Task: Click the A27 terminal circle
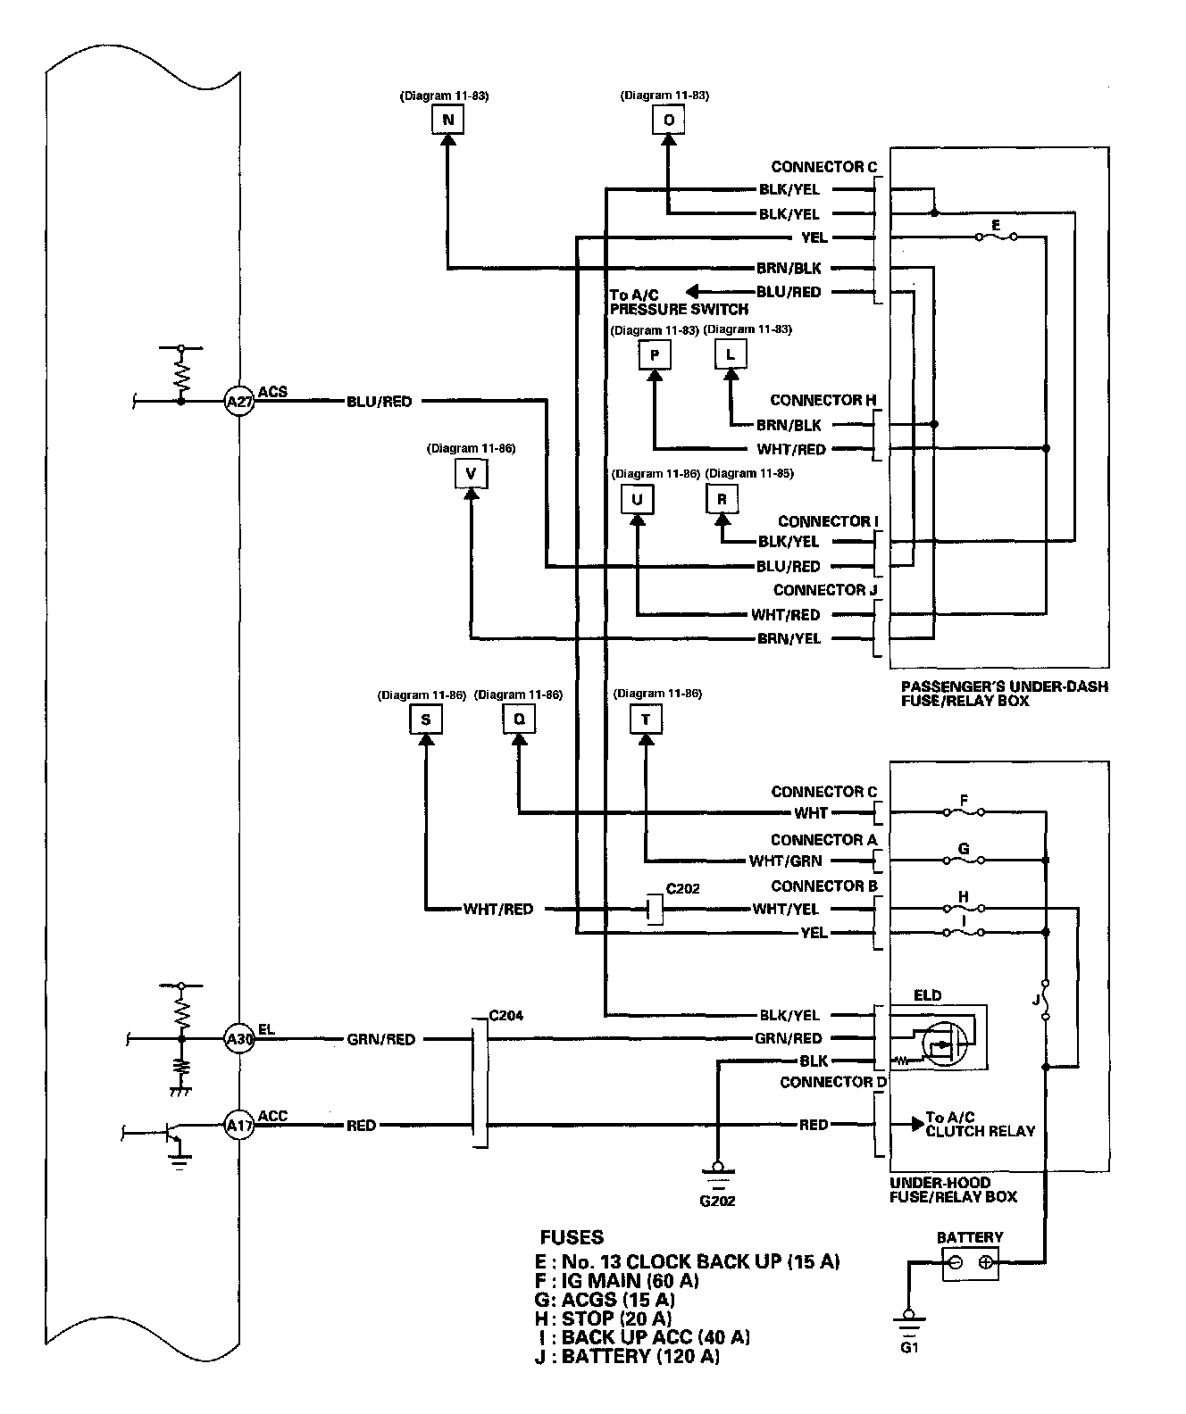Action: [x=238, y=402]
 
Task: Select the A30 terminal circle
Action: [x=238, y=1039]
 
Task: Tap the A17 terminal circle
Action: [x=238, y=1126]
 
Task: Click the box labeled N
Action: [x=448, y=120]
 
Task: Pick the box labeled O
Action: [x=668, y=120]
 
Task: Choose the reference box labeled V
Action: [x=471, y=473]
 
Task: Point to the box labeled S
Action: [x=426, y=719]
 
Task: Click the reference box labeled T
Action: [x=646, y=719]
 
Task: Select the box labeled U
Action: [x=637, y=500]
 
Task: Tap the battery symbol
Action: [x=971, y=1262]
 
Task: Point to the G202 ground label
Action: [x=717, y=1201]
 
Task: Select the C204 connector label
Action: [x=506, y=1015]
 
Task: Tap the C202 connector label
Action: [x=682, y=888]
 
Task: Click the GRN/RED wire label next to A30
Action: [x=380, y=1039]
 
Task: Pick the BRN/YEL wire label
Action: [x=789, y=638]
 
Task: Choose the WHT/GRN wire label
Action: [x=786, y=861]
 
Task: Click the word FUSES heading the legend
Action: [x=572, y=1237]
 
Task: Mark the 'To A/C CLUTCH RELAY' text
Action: [x=980, y=1124]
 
